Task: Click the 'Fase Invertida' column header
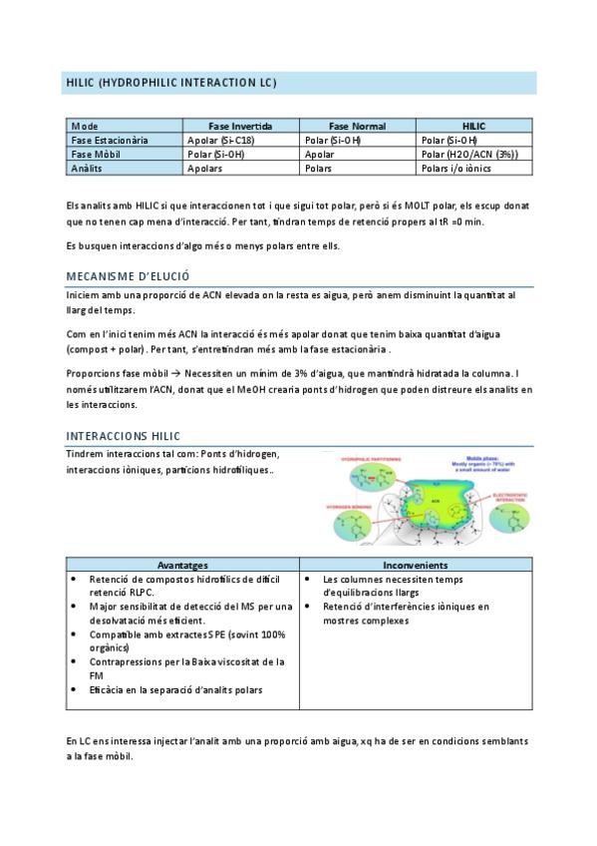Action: (240, 127)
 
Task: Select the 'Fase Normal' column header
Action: (357, 127)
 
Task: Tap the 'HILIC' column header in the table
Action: (473, 127)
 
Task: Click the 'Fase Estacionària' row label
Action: (110, 141)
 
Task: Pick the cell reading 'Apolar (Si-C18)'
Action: (221, 141)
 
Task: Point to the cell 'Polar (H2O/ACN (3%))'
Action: (469, 155)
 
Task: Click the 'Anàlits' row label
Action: (88, 169)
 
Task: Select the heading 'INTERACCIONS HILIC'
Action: (123, 436)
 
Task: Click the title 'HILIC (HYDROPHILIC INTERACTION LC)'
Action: (170, 82)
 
